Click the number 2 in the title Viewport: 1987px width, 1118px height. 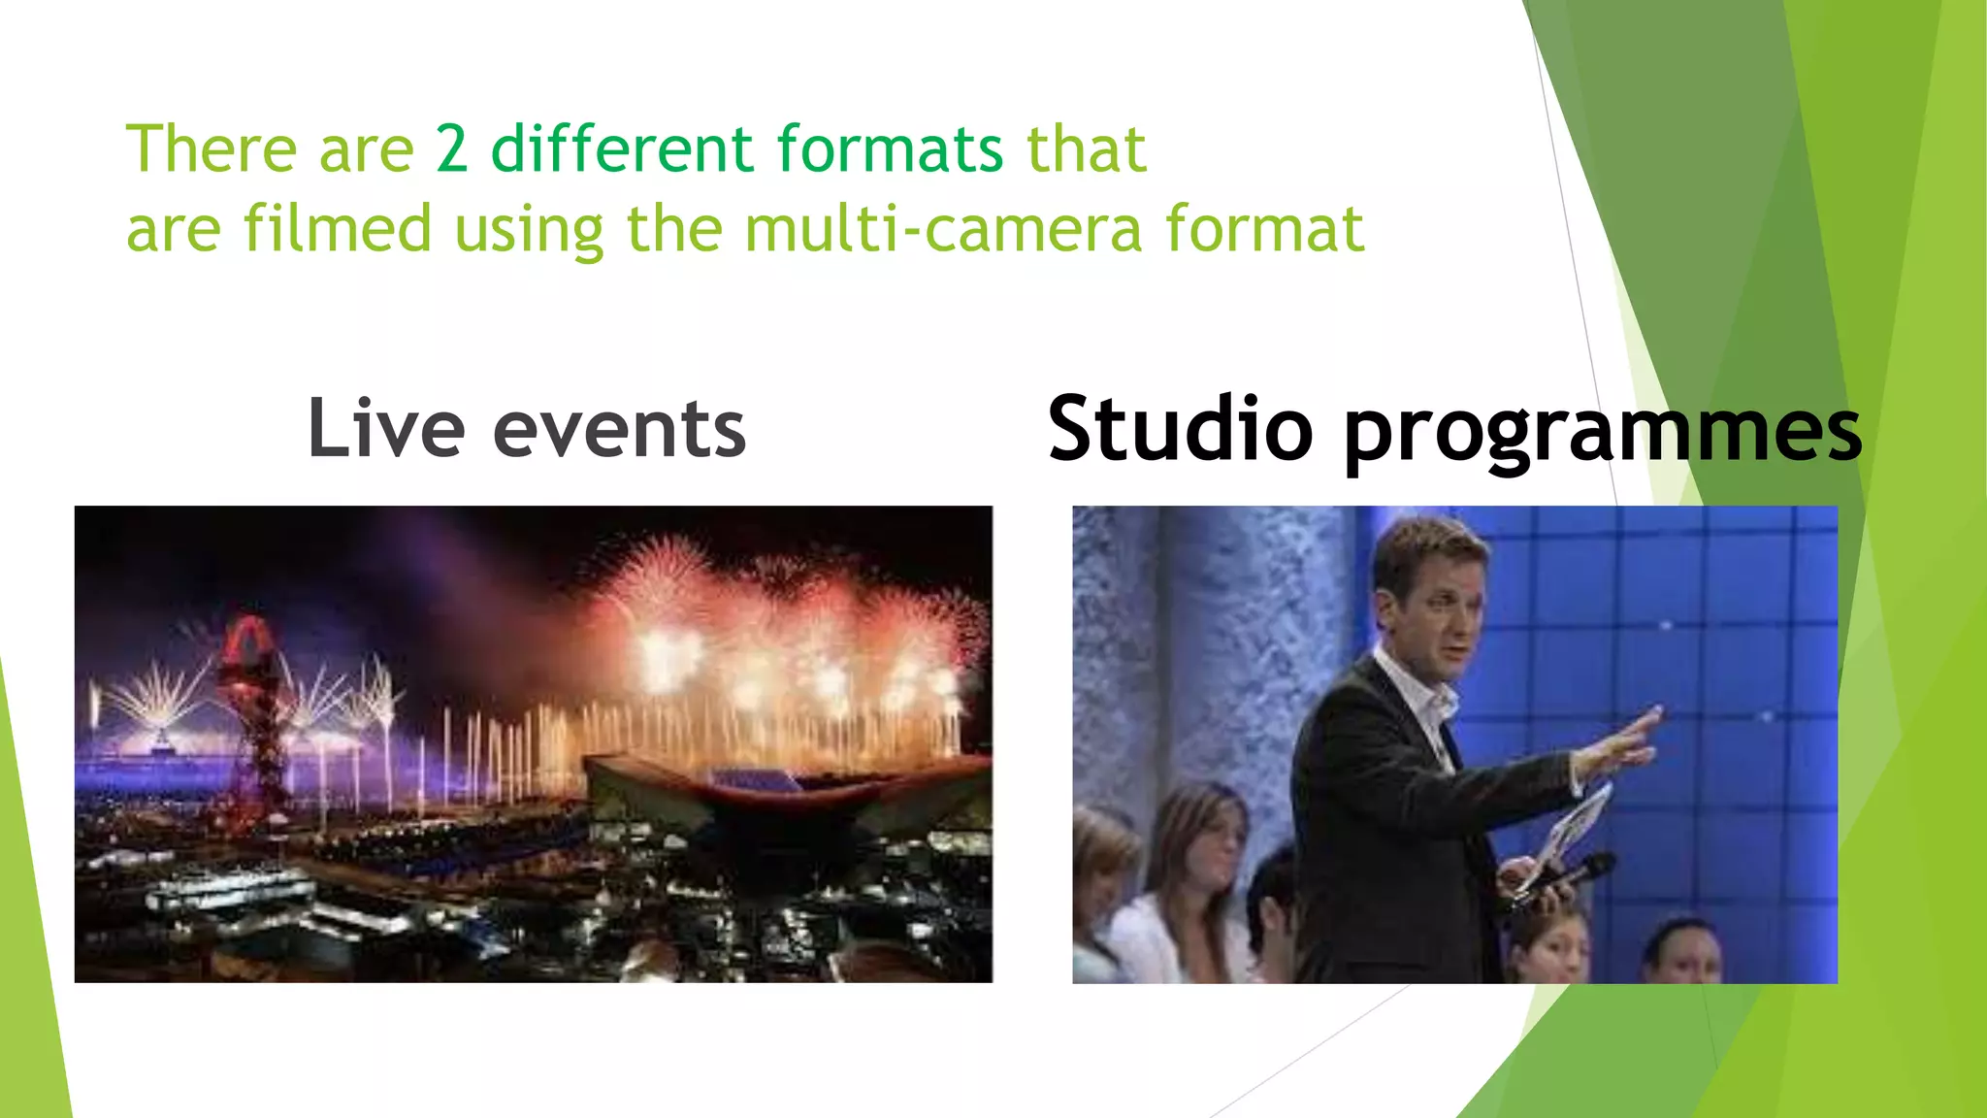[x=452, y=150]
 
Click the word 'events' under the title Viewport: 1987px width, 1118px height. [x=619, y=431]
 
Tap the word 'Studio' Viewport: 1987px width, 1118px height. [x=1180, y=429]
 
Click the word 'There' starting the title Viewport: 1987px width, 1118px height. [x=212, y=150]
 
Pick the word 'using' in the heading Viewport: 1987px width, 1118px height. [x=529, y=231]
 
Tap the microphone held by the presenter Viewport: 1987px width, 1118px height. [x=1581, y=869]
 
